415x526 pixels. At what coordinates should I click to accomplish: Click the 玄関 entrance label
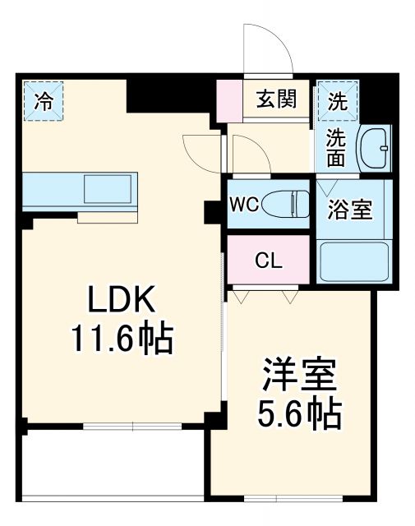pyautogui.click(x=276, y=100)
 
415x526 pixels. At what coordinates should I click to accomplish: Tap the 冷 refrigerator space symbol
pyautogui.click(x=43, y=101)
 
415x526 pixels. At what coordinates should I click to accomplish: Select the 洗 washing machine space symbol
pyautogui.click(x=338, y=101)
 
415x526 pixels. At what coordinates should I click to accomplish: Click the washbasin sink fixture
pyautogui.click(x=376, y=149)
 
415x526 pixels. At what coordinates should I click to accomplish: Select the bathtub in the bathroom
pyautogui.click(x=354, y=261)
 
